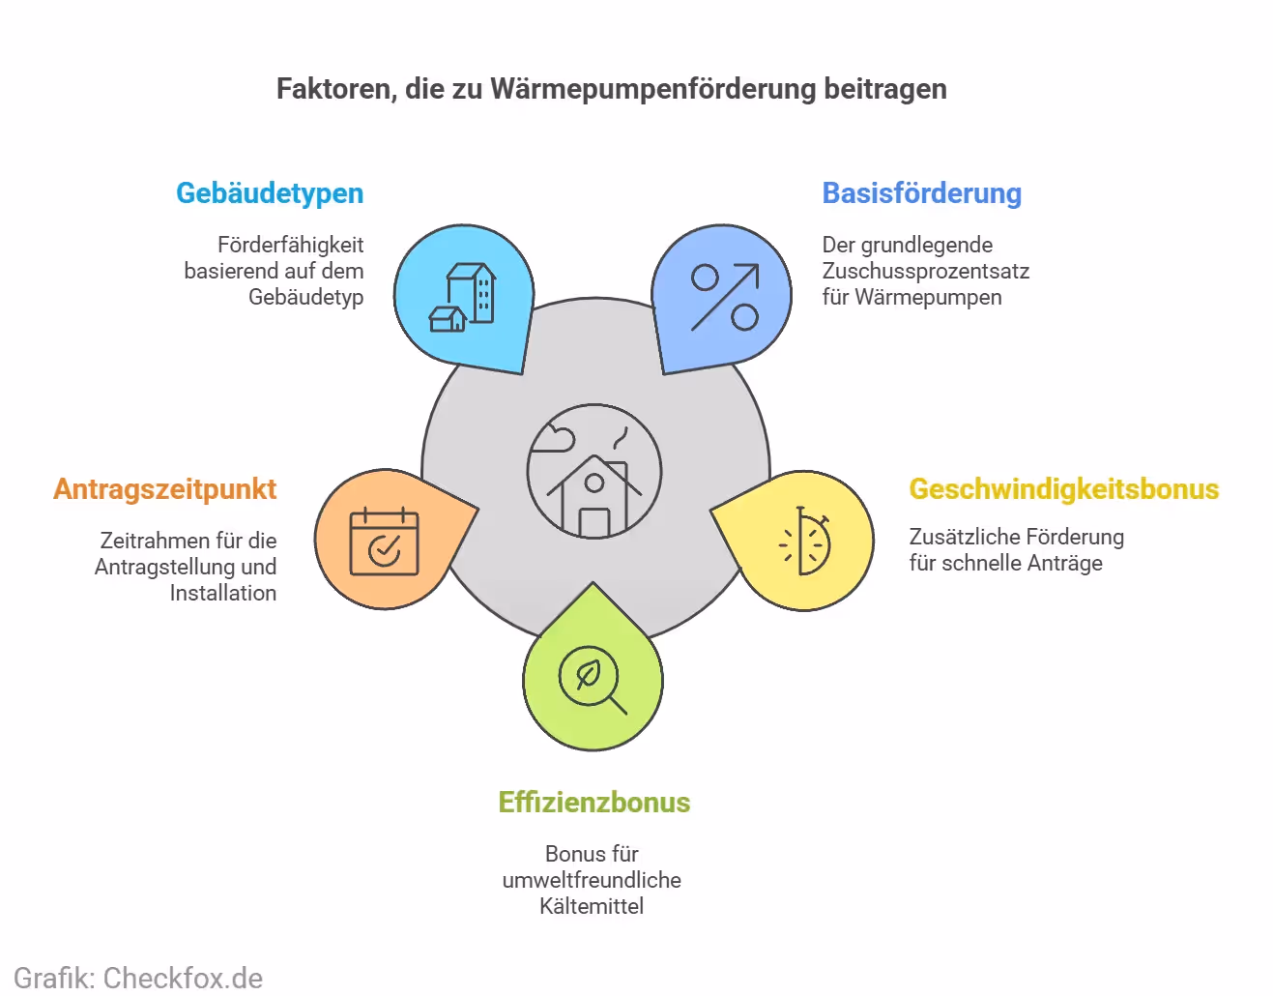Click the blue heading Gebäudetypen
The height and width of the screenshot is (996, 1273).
pos(270,193)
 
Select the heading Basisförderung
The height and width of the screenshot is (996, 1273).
pos(921,193)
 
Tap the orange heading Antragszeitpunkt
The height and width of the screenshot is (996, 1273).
pos(165,489)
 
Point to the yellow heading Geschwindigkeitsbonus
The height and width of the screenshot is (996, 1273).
pos(1063,489)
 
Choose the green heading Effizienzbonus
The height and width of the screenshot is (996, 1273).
pos(593,803)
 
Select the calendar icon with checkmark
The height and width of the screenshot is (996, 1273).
pos(384,542)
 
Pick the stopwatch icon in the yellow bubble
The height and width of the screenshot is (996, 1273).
pos(805,542)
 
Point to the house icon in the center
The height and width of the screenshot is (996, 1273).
pos(593,473)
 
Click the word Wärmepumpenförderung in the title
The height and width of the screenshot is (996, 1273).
pos(653,89)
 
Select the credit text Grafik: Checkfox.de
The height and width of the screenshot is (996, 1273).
pos(138,978)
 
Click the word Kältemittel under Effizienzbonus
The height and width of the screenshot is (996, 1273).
pos(592,906)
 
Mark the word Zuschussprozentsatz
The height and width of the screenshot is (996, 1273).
pos(925,271)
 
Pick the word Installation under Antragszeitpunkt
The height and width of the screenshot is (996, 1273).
pos(223,593)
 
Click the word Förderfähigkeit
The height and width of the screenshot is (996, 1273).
pos(290,245)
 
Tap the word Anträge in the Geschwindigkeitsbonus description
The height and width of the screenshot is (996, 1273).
pos(1066,563)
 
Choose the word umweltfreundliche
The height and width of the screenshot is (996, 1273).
pos(592,880)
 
